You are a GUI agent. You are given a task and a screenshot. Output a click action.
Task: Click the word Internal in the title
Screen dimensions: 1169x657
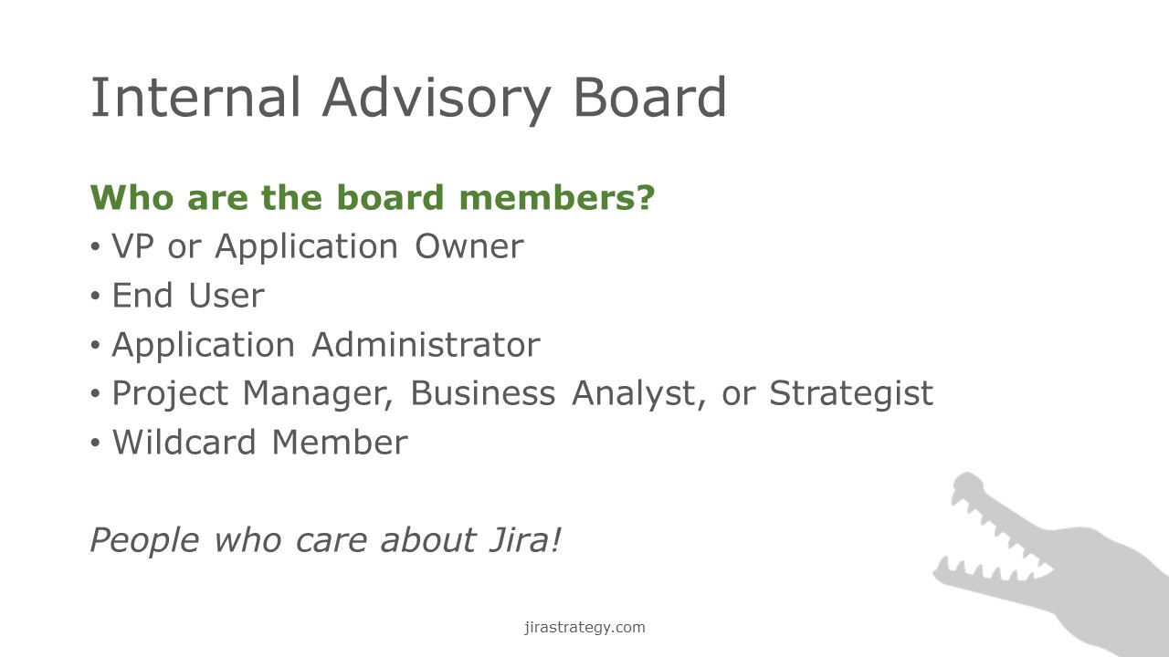[x=195, y=98]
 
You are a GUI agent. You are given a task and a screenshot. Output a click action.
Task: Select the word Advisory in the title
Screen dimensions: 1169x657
[x=437, y=100]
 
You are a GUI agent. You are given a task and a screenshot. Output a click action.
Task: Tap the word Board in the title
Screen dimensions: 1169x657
[x=649, y=97]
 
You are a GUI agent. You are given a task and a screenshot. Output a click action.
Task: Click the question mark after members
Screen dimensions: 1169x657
[x=646, y=198]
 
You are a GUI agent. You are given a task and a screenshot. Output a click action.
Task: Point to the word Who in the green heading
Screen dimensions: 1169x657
[x=132, y=198]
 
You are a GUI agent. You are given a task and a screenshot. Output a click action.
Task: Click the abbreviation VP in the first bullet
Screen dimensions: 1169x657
[x=133, y=246]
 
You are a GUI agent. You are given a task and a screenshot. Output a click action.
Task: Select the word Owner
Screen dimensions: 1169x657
[x=469, y=246]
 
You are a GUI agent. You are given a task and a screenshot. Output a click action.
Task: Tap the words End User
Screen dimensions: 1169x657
[x=188, y=296]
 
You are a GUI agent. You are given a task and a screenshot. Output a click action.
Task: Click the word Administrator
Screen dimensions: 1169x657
[x=426, y=345]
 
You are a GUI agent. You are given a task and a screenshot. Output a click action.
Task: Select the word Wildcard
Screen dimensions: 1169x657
[x=184, y=443]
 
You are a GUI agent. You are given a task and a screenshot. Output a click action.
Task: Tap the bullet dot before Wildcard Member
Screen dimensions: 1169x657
[x=95, y=443]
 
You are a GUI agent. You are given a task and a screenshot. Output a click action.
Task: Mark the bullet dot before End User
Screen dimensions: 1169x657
[x=95, y=297]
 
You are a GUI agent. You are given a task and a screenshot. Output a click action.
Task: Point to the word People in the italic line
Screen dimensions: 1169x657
[x=144, y=541]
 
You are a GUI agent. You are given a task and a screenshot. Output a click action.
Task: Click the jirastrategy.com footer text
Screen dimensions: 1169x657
[x=584, y=627]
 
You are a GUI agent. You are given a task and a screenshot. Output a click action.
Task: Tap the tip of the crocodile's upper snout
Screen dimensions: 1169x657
[x=965, y=475]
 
